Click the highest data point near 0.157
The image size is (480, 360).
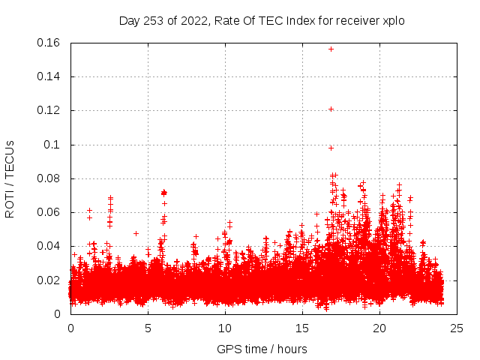tap(331, 49)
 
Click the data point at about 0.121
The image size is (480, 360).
tap(331, 109)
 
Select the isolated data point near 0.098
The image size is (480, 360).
tap(331, 148)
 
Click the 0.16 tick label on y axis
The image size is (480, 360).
tap(50, 43)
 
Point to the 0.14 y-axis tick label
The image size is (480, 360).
tap(50, 76)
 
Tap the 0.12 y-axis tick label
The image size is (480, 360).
tap(50, 110)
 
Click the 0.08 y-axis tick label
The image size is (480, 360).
tap(50, 178)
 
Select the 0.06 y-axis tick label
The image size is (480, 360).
tap(50, 212)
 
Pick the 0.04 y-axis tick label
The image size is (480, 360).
tap(50, 246)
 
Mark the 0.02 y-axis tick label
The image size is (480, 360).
tap(50, 280)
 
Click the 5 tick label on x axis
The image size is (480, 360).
tap(148, 328)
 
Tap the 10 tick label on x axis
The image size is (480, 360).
tap(225, 328)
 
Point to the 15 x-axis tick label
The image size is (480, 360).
tap(302, 328)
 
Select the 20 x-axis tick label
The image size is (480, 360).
tap(379, 328)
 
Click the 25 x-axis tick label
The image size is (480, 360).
tap(457, 328)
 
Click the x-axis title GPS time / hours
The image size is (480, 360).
tap(262, 349)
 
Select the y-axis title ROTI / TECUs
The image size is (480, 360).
tap(10, 178)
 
